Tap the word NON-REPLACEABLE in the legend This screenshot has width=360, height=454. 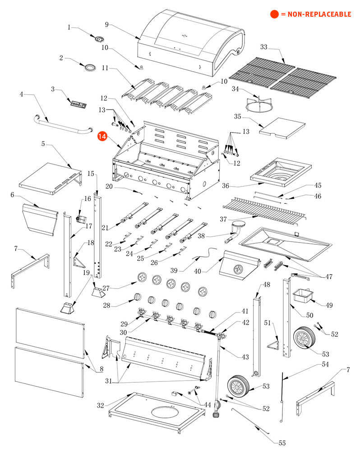coord(316,14)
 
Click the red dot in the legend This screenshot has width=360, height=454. coord(274,14)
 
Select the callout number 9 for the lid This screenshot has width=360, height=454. coord(107,24)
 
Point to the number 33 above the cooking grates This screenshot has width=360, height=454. coord(264,47)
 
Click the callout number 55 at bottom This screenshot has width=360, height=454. coord(282,443)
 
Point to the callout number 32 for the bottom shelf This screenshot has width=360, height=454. coord(101,405)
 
